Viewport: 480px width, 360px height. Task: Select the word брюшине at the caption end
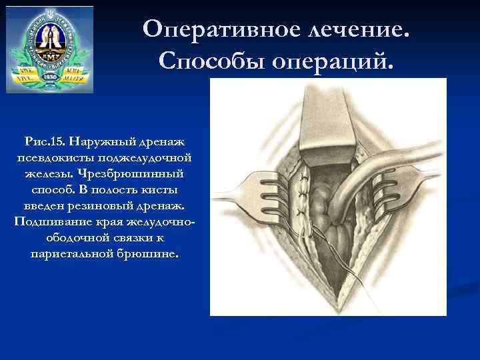pyautogui.click(x=151, y=253)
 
